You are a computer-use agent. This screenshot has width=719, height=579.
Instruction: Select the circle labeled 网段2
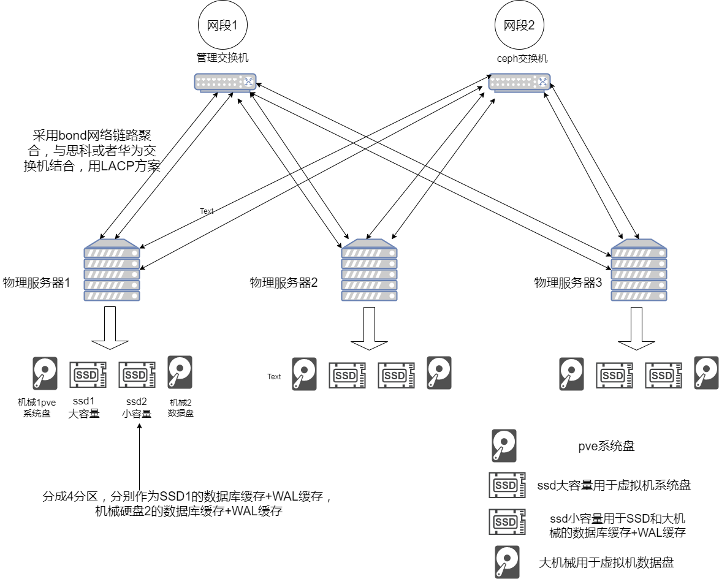(519, 26)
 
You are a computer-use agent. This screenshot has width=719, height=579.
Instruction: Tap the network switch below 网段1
(225, 83)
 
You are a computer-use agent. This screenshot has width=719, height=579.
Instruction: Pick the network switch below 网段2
(519, 83)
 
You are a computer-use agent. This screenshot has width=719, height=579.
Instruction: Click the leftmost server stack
(112, 270)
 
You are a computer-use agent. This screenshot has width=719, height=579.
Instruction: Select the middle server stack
(369, 270)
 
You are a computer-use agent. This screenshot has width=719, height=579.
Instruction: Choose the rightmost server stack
(639, 270)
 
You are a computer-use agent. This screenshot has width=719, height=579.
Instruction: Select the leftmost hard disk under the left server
(45, 374)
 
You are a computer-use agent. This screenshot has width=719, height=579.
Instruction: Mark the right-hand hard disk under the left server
(180, 372)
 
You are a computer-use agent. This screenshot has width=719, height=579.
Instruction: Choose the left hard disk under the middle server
(304, 374)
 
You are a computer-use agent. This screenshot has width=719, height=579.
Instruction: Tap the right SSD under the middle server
(396, 374)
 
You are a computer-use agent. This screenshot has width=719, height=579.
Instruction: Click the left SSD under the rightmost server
(614, 374)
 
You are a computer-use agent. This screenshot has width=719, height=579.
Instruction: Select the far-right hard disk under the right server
(706, 372)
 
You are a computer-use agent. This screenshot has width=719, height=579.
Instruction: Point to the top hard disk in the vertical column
(504, 445)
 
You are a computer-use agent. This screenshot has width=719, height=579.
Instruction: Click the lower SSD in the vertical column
(507, 521)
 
